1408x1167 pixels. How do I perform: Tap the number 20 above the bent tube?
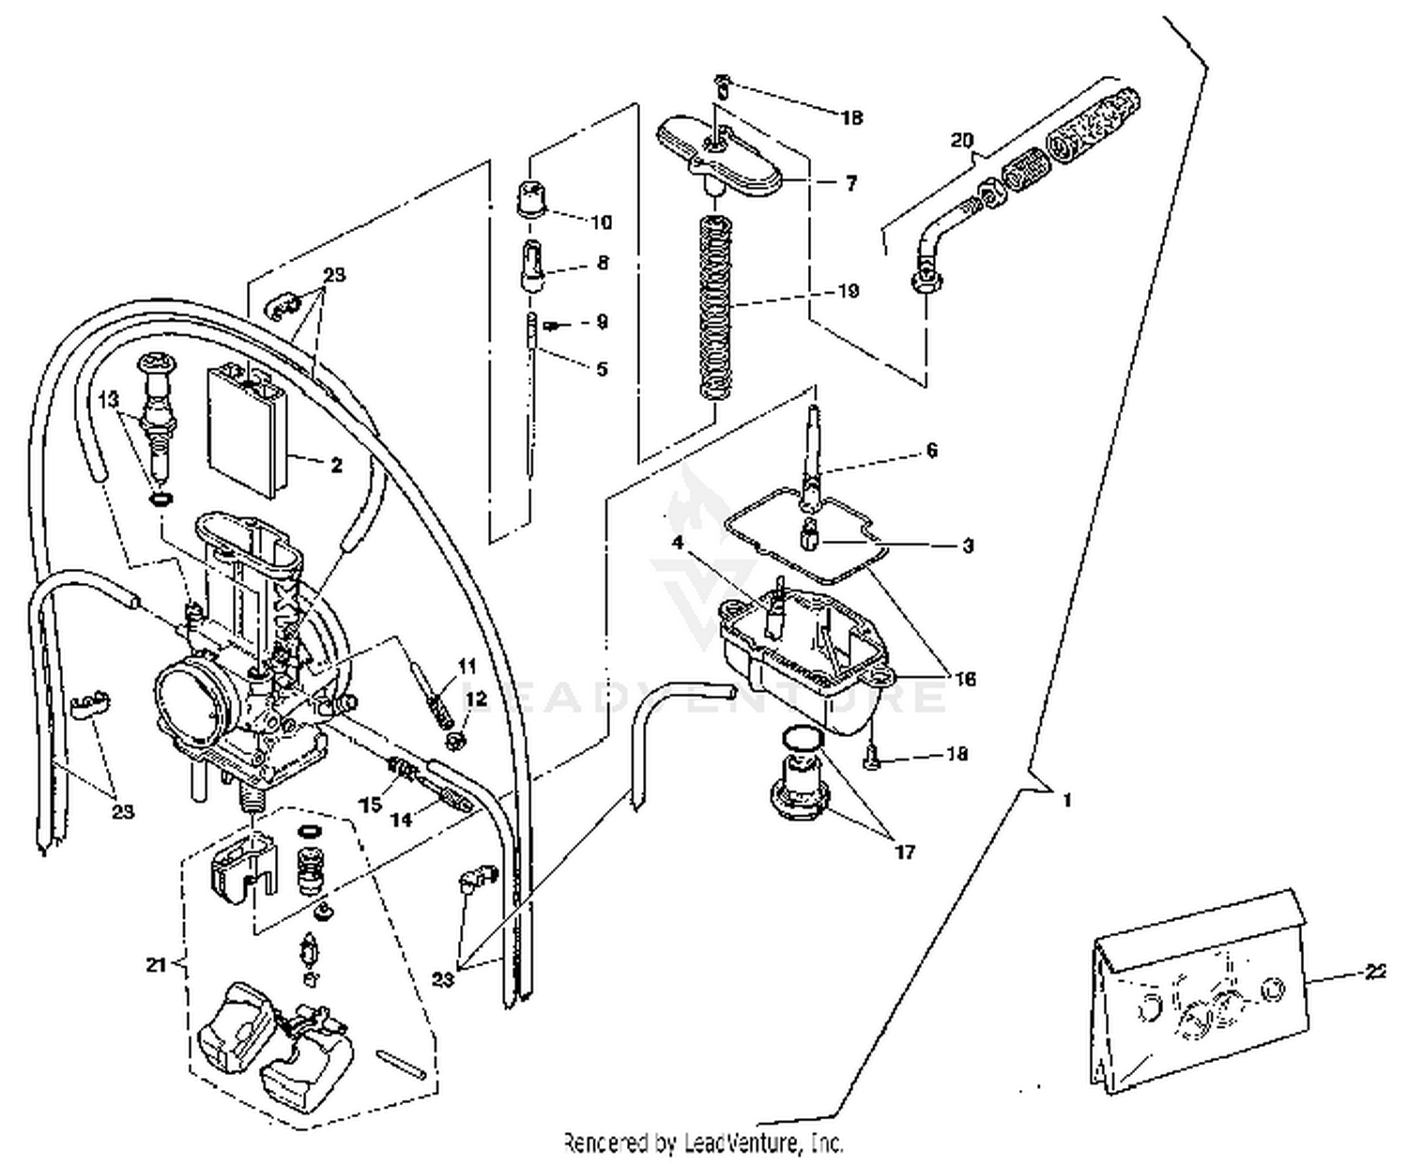(961, 141)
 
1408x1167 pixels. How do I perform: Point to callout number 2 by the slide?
(336, 465)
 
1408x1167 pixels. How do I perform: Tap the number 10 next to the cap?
(601, 223)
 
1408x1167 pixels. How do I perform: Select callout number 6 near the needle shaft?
(930, 451)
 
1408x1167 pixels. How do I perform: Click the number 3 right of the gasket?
(968, 545)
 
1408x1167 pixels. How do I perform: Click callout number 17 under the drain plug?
(904, 852)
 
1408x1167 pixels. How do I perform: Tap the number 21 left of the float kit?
(157, 964)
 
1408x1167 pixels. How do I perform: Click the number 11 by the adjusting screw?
(467, 666)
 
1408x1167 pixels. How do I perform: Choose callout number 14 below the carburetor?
(401, 819)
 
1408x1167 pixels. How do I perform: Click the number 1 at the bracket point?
(1066, 800)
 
